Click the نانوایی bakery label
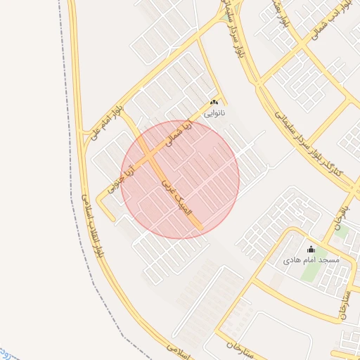(214, 112)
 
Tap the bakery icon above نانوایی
(214, 103)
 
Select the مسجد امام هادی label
(311, 260)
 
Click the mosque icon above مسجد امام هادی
(311, 250)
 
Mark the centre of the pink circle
(180, 179)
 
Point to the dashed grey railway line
(70, 141)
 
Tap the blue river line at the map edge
(6, 349)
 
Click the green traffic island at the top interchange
(227, 14)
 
